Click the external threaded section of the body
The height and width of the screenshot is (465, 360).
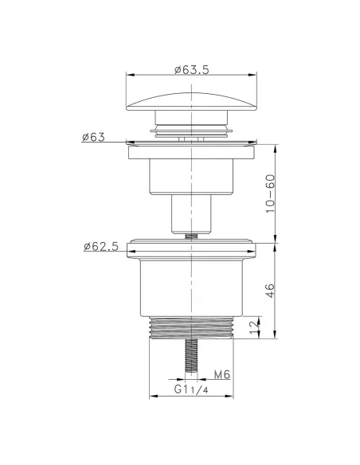[x=191, y=328]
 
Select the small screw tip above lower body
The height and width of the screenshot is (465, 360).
[x=191, y=235]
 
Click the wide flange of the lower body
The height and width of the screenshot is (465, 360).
[x=191, y=248]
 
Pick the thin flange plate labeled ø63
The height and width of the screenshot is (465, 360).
[x=191, y=145]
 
